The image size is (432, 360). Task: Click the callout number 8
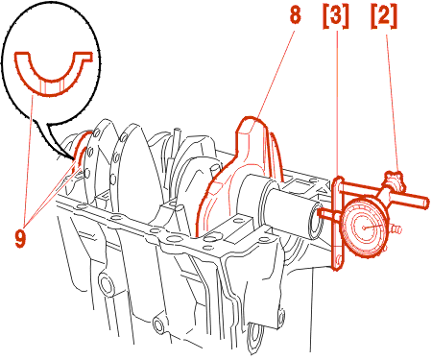[295, 14]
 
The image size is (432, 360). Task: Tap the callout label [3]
[335, 16]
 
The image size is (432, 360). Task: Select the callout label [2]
[384, 16]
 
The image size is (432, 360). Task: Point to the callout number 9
[20, 239]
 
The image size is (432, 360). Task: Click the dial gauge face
[364, 228]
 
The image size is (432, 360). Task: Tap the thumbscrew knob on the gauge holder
[394, 180]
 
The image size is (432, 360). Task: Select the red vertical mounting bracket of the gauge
[337, 224]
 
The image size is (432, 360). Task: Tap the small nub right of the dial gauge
[396, 229]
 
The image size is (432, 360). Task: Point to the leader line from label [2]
[393, 102]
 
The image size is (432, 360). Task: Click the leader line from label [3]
[337, 107]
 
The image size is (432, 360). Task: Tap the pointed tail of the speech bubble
[73, 158]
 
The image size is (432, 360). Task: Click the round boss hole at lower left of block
[106, 284]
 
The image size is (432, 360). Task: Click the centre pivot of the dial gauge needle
[364, 228]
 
